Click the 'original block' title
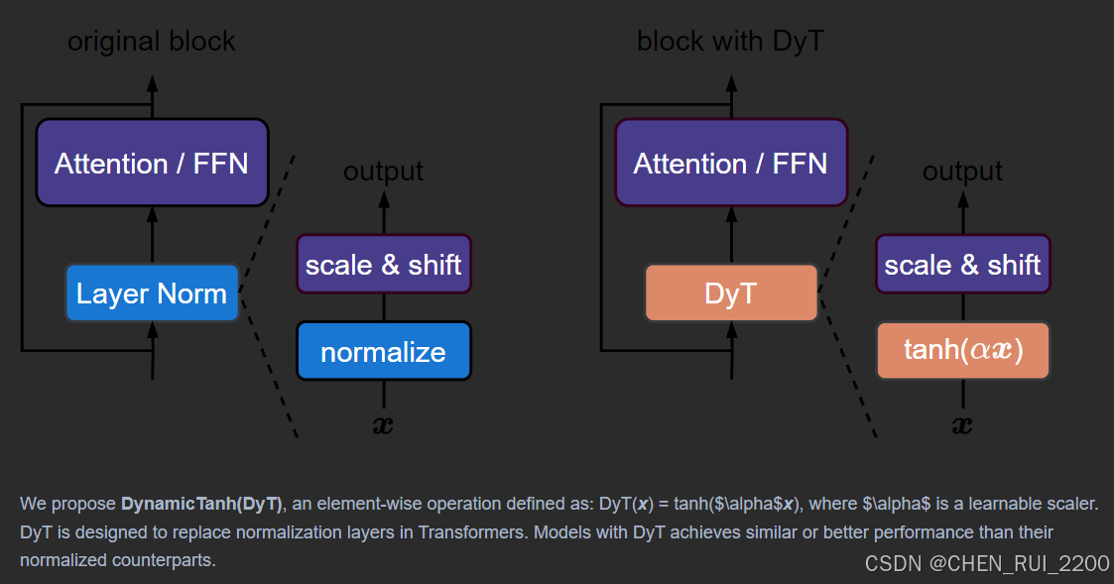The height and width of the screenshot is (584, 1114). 152,42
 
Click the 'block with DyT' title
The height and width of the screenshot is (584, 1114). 731,42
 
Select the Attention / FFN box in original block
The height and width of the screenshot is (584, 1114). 152,164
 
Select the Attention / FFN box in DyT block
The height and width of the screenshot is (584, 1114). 731,164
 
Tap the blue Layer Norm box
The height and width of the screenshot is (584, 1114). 152,293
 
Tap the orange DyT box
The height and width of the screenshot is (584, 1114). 731,293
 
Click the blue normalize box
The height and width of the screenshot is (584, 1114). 383,352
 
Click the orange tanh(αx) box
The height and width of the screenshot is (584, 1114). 962,351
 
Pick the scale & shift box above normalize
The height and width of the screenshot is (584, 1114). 383,265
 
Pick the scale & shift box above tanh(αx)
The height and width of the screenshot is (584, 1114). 962,265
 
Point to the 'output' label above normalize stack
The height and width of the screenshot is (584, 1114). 383,172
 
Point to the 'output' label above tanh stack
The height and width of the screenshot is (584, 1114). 962,172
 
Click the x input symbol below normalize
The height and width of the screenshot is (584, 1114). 383,426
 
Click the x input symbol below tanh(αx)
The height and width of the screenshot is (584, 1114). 962,426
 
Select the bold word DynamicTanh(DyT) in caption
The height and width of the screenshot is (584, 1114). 202,504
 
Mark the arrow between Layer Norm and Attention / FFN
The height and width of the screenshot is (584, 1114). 152,235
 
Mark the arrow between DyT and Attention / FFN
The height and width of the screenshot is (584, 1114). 731,235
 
